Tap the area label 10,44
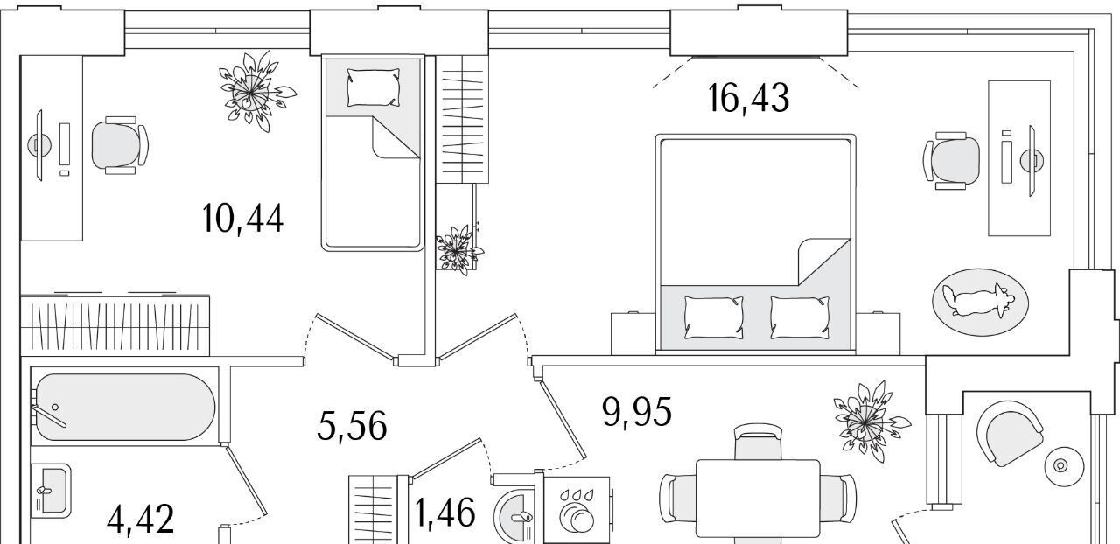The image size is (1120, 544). pos(242,219)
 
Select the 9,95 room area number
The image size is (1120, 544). pos(637,412)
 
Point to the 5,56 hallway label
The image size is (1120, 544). pos(352,426)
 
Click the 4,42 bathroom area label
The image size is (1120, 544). pos(141,519)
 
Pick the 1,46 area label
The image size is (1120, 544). pos(445,513)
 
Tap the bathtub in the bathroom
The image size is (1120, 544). pos(125,407)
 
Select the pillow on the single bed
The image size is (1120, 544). pos(374,87)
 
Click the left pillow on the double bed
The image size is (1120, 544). pos(713,317)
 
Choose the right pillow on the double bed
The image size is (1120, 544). pos(800,317)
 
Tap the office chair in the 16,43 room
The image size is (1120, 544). pos(951,161)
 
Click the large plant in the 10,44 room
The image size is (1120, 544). pos(255,92)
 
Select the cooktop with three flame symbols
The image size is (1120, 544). pos(577,510)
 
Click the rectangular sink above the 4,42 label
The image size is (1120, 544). pos(51,491)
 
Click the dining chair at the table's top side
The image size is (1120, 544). pos(758,442)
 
